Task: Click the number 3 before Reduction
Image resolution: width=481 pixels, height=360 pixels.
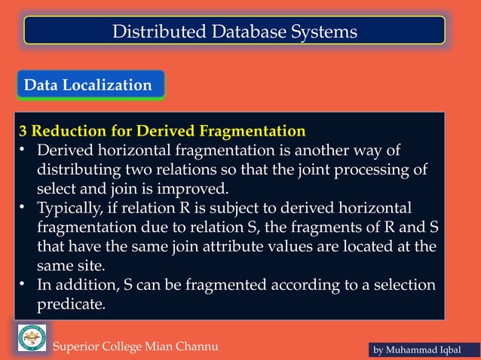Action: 23,130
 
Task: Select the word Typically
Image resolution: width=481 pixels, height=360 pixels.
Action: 72,207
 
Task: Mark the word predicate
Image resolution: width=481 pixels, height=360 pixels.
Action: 72,305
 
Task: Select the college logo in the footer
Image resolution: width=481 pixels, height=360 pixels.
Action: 32,337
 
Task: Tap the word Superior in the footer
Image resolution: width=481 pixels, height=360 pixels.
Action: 78,346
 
